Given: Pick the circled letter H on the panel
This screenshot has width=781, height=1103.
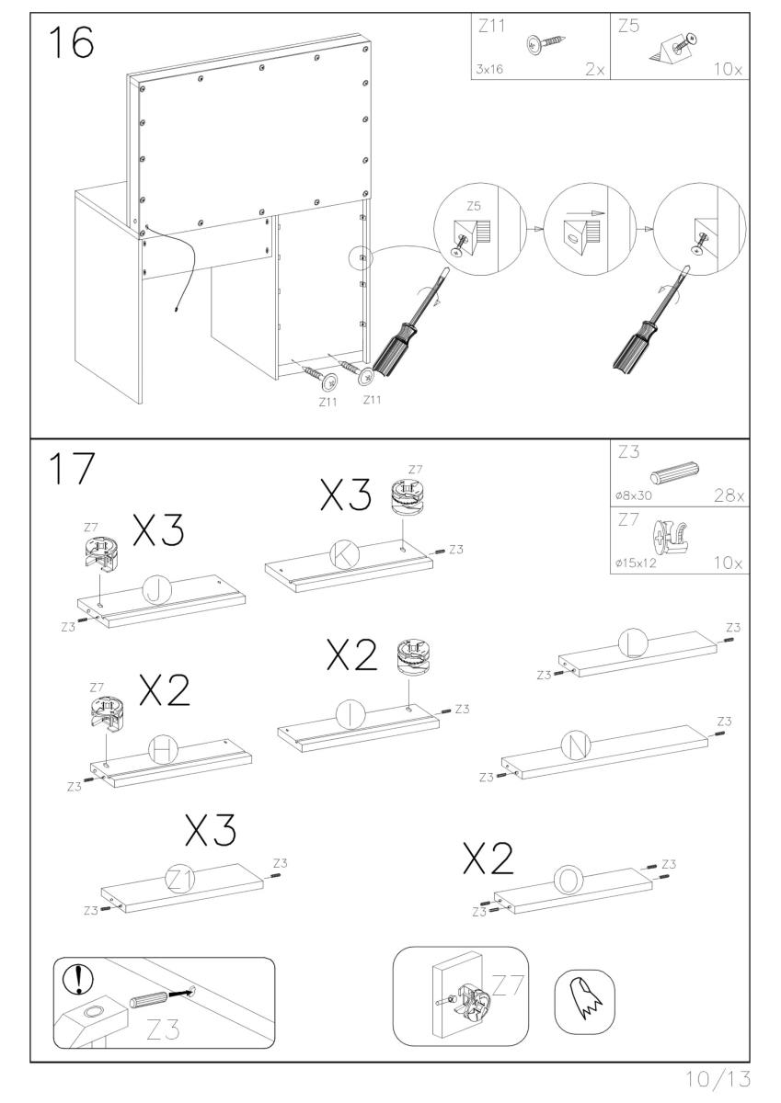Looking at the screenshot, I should coord(164,751).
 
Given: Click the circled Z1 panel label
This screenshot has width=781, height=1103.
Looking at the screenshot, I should coord(180,880).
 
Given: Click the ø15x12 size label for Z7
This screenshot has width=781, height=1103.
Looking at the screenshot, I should coord(636,563).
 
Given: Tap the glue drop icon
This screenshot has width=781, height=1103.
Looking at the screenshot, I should coord(584,997).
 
